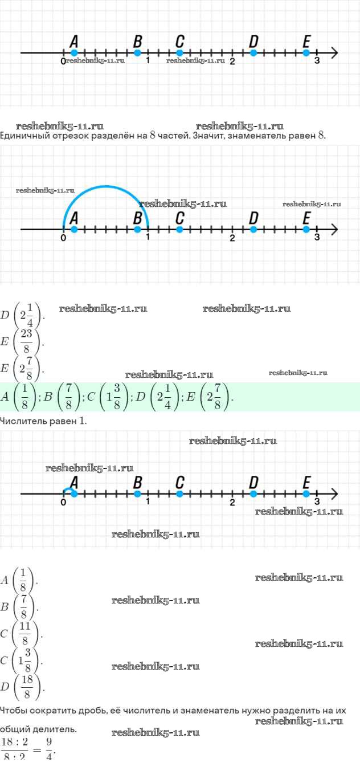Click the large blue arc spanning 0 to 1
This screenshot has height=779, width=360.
[105, 187]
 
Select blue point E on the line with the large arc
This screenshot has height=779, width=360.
[306, 229]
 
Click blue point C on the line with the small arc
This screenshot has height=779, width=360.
[179, 494]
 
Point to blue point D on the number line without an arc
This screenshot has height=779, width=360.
[253, 53]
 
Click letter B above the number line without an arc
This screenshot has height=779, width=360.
[137, 41]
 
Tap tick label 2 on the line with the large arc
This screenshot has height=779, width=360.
[232, 238]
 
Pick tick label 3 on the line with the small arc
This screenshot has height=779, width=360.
[317, 502]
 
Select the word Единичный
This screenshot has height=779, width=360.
[23, 136]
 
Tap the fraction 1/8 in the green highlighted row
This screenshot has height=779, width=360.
[24, 397]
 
